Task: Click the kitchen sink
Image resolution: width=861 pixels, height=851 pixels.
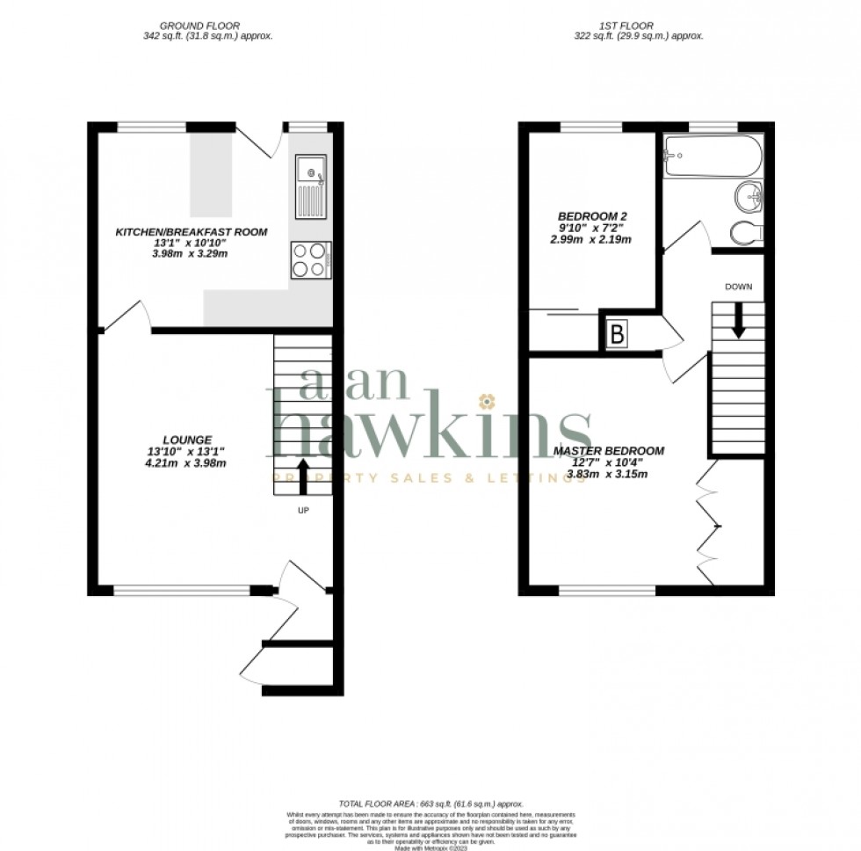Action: coord(311,185)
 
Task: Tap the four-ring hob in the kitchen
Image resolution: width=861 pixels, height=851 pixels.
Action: coord(311,259)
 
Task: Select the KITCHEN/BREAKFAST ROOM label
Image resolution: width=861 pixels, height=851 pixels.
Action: coord(192,232)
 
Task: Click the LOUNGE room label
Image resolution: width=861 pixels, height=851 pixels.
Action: coord(187,439)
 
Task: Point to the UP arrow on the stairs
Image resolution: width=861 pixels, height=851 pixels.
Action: coord(304,476)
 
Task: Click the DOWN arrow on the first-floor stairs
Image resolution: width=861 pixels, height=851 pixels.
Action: coord(738,320)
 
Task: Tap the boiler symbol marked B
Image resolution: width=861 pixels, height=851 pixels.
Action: coord(617,334)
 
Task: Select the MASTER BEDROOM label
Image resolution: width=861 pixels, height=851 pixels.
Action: coord(608,451)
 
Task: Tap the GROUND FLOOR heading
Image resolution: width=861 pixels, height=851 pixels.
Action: coord(207,26)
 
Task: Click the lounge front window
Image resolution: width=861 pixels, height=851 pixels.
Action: coord(182,590)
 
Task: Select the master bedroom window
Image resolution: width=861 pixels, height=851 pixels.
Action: coord(607,590)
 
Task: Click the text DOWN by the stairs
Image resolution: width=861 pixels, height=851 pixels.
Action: coord(738,287)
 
